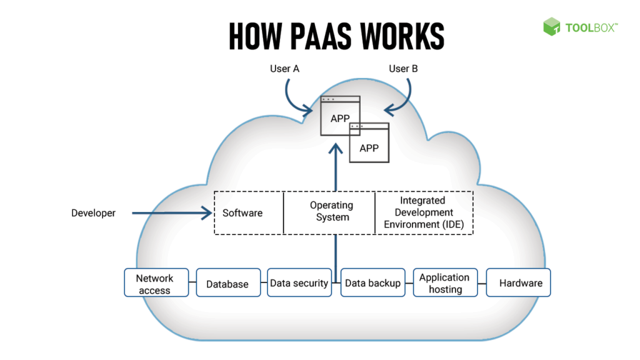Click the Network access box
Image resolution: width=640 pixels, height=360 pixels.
point(154,284)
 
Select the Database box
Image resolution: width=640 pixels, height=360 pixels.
point(228,284)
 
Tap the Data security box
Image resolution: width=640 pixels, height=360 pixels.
point(299,283)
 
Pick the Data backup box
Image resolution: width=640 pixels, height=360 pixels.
point(373,283)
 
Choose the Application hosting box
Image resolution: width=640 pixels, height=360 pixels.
point(445,283)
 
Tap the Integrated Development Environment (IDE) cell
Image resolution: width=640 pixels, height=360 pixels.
point(424,212)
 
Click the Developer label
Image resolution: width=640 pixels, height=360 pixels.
point(93,213)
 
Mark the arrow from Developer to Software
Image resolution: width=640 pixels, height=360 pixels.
point(172,213)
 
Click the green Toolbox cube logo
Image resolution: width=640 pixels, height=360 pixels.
point(551,26)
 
